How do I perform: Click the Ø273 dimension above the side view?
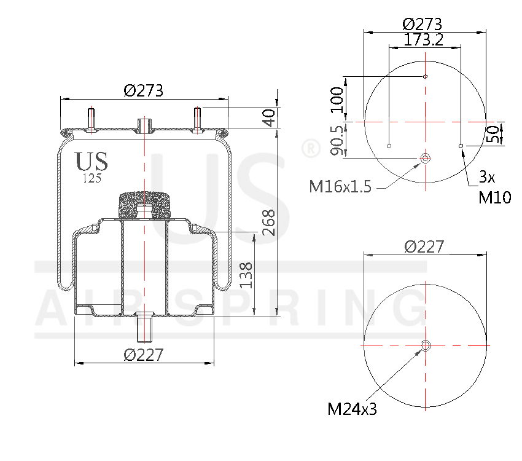point(143,90)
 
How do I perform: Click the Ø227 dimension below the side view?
point(143,355)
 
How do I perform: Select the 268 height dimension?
point(268,223)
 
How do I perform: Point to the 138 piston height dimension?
point(246,275)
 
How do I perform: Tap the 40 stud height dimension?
point(268,117)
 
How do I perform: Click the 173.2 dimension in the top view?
point(424,40)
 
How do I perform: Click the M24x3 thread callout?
point(352,408)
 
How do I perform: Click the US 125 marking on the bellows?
point(92,166)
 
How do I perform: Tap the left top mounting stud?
point(92,119)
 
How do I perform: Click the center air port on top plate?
point(144,125)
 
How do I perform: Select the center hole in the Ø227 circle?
point(424,345)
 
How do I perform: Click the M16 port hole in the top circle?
point(424,158)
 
